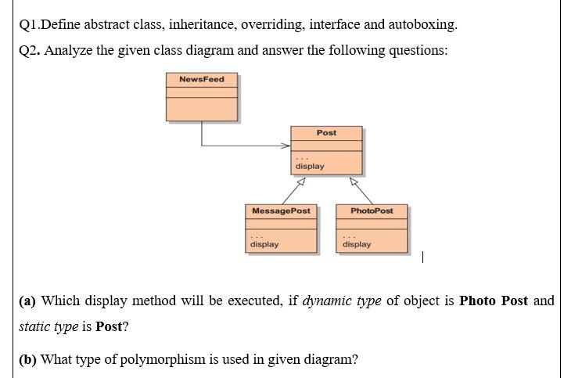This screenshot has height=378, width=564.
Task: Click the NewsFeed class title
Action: [201, 79]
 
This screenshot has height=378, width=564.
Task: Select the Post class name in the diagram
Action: [326, 132]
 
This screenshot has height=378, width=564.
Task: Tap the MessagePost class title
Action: [281, 211]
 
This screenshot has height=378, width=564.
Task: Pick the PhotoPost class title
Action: [372, 211]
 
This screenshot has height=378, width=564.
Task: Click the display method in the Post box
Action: [310, 166]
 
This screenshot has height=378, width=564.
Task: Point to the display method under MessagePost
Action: [264, 244]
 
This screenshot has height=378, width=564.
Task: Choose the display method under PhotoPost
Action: [357, 244]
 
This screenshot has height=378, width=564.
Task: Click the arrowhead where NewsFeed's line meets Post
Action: [286, 145]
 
